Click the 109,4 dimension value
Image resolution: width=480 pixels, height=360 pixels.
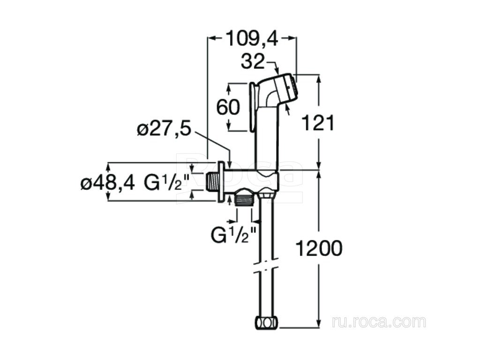[252, 38]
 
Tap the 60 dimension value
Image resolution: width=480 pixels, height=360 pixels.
[228, 107]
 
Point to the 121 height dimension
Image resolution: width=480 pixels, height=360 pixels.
[318, 123]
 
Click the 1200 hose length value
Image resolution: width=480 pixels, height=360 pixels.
[318, 248]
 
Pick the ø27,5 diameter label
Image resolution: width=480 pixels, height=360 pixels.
[164, 129]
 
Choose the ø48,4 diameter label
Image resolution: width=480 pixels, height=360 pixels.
[107, 183]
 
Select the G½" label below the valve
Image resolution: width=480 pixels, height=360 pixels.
[233, 234]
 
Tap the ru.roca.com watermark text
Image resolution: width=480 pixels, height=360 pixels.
[379, 322]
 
